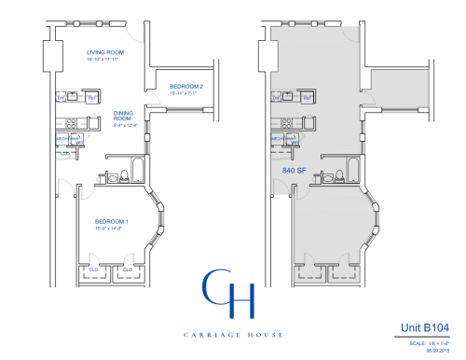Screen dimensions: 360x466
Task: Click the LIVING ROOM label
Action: pos(107,52)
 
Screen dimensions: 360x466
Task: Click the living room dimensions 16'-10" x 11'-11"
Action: pos(107,60)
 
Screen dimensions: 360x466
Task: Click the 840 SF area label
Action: pos(295,171)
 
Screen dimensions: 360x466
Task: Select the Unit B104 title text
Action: pos(426,329)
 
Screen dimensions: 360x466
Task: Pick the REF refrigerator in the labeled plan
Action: pos(92,96)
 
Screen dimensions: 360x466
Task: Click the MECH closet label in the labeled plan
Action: pos(62,138)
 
